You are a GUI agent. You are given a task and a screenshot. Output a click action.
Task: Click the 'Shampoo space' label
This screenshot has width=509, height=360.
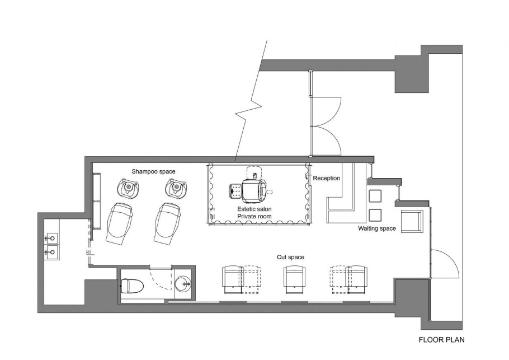coord(153,171)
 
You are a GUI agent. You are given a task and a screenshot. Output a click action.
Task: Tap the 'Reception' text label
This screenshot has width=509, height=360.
coord(326,178)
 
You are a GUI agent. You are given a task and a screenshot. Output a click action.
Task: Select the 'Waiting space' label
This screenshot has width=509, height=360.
coord(377,228)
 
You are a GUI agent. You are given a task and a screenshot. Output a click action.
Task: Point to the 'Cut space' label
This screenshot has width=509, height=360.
coord(290,257)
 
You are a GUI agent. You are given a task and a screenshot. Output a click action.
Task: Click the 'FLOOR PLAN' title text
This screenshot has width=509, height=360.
coord(441,340)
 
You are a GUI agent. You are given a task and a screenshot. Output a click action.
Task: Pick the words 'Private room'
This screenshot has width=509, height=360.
coord(254,216)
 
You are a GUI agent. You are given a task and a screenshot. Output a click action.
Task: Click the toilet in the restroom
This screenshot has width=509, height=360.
coord(132,286)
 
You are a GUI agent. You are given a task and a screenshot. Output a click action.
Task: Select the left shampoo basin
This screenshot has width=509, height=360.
coord(128,188)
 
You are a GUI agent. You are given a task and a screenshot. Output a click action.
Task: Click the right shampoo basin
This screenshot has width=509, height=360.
coord(176,188)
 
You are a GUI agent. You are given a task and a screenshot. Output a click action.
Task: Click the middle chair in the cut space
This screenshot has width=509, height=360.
coord(294,279)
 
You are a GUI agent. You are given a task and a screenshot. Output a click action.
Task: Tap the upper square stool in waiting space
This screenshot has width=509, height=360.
coord(375,196)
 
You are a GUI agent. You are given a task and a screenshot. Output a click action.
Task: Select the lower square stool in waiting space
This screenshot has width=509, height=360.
coord(375,215)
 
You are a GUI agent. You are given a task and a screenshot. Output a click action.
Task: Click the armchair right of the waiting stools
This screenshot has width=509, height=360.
coord(412,221)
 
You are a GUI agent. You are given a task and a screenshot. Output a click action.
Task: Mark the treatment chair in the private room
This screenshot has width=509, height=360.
coord(252,190)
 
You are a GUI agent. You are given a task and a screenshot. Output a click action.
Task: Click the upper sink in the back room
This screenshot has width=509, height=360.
coord(51,238)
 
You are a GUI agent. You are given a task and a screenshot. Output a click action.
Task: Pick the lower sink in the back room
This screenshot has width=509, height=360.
coord(51,252)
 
